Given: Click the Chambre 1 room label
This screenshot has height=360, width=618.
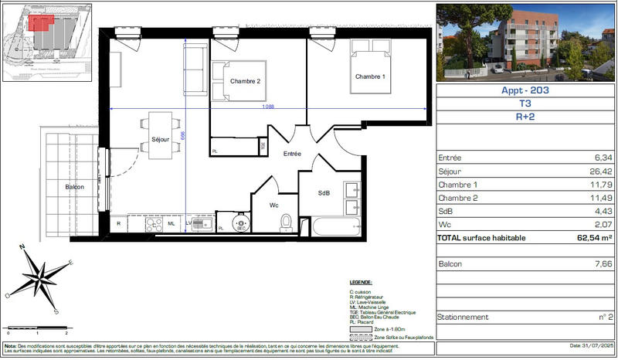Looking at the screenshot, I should pos(369,76).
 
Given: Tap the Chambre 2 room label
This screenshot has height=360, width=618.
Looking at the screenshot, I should pos(245,81).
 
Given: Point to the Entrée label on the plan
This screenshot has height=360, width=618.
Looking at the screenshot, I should pos(292,155).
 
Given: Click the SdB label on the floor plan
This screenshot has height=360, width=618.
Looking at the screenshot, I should pos(324,192).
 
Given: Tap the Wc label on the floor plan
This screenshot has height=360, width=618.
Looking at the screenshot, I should pos(273,205).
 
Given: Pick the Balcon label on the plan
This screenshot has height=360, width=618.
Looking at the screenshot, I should pos(75,187).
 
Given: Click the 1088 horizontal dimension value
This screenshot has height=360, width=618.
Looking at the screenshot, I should pos(268,106).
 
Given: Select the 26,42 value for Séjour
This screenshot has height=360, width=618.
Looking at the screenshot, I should pos(600,172).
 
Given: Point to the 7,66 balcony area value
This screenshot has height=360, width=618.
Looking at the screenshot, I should pos(602,264).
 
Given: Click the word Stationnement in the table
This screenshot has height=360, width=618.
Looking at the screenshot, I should pos(463,317).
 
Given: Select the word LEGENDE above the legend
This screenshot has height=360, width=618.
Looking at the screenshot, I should pos(361,284).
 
